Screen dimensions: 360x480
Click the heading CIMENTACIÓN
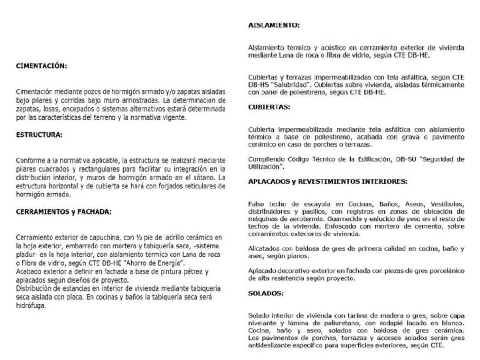click(41, 66)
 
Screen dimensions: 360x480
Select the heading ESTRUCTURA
click(39, 135)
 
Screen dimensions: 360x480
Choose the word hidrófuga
click(31, 305)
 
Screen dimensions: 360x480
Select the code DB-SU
click(407, 159)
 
